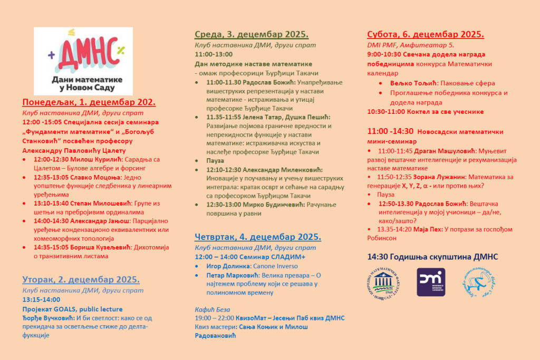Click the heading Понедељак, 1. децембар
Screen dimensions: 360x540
click(89, 102)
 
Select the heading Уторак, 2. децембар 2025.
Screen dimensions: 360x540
click(81, 279)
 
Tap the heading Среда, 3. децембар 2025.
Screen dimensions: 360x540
click(252, 34)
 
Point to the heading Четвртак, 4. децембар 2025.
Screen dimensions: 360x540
click(257, 237)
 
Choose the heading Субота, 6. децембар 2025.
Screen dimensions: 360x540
click(425, 34)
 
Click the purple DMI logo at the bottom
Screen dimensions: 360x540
click(431, 282)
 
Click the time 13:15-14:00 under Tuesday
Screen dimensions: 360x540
click(41, 299)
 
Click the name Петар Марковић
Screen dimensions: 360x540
click(232, 275)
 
